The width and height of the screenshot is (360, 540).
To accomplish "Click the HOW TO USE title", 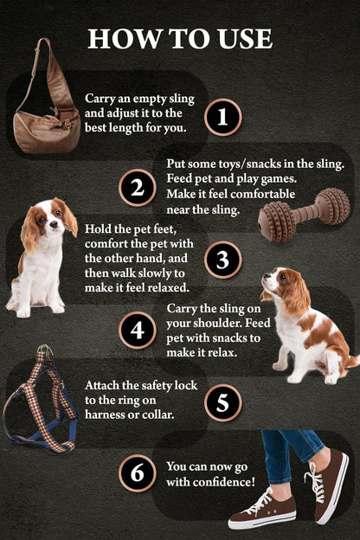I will [x=180, y=38].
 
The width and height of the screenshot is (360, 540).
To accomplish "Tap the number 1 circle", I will [x=223, y=117].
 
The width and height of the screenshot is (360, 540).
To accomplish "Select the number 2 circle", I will [x=137, y=188].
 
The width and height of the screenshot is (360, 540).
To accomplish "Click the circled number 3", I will [x=223, y=259].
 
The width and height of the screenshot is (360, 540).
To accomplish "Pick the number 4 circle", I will [x=137, y=330].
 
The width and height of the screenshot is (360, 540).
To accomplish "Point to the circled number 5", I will [x=223, y=402].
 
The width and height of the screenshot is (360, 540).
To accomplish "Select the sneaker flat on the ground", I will [x=263, y=512].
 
